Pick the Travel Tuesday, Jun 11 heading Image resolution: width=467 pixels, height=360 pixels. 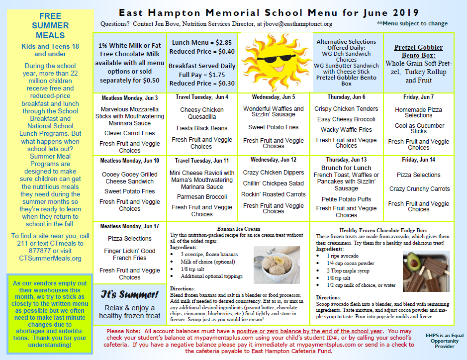tap(201, 161)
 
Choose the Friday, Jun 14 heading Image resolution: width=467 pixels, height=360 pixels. tap(418, 160)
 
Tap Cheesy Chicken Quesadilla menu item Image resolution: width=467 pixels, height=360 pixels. tap(201, 113)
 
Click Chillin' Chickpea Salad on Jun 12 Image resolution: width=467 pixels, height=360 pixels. tap(273, 183)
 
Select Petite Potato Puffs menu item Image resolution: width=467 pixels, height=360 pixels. tap(346, 199)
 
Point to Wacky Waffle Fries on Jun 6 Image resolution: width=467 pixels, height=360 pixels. tap(346, 130)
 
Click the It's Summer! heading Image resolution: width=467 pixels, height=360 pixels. tap(129, 294)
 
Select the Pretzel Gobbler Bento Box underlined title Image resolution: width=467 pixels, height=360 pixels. tap(418, 51)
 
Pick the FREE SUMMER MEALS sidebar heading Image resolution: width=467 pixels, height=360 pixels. tap(50, 26)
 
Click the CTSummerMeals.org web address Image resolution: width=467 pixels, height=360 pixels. tap(50, 258)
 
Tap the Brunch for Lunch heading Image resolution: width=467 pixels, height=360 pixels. tap(346, 168)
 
